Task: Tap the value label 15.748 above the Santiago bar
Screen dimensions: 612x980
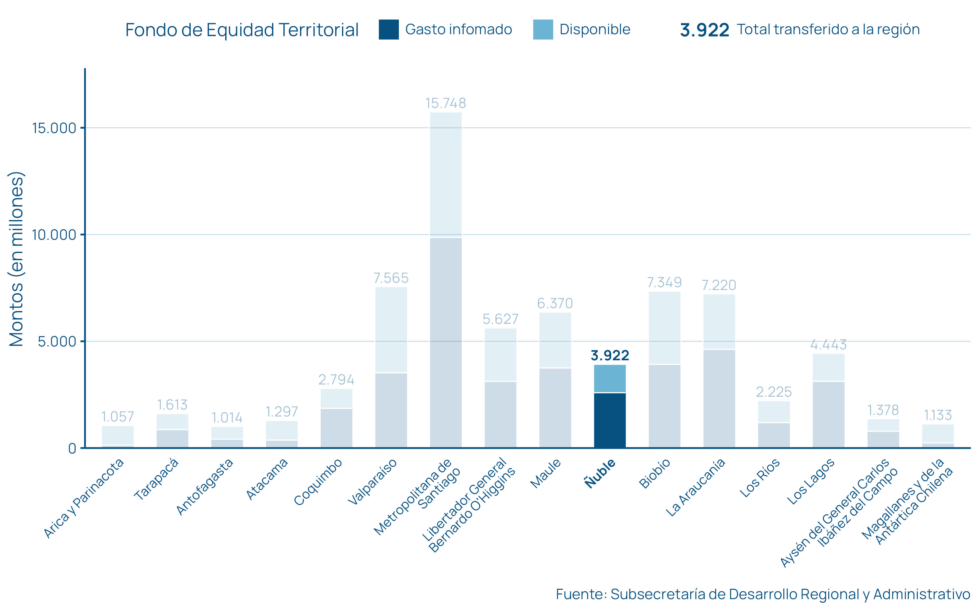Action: click(x=445, y=103)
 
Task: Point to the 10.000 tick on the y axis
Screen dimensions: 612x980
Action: click(x=54, y=235)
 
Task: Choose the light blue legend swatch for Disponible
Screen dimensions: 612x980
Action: click(x=543, y=30)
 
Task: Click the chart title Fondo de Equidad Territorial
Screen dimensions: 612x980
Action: click(x=242, y=30)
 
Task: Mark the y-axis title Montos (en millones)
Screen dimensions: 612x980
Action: click(x=17, y=259)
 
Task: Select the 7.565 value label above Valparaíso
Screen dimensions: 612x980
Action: click(x=391, y=278)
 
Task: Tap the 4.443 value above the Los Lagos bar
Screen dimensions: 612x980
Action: click(x=828, y=345)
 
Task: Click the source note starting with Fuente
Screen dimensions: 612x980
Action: click(x=763, y=594)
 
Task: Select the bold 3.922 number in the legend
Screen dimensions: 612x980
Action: click(x=704, y=30)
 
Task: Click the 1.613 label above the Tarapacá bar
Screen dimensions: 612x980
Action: click(x=172, y=405)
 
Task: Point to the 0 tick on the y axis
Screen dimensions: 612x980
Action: click(x=72, y=448)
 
